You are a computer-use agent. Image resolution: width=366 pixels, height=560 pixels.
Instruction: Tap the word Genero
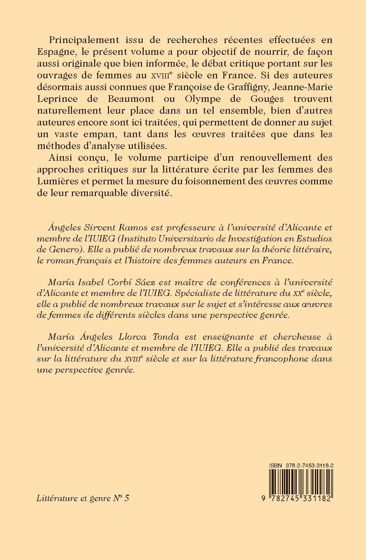(63, 251)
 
